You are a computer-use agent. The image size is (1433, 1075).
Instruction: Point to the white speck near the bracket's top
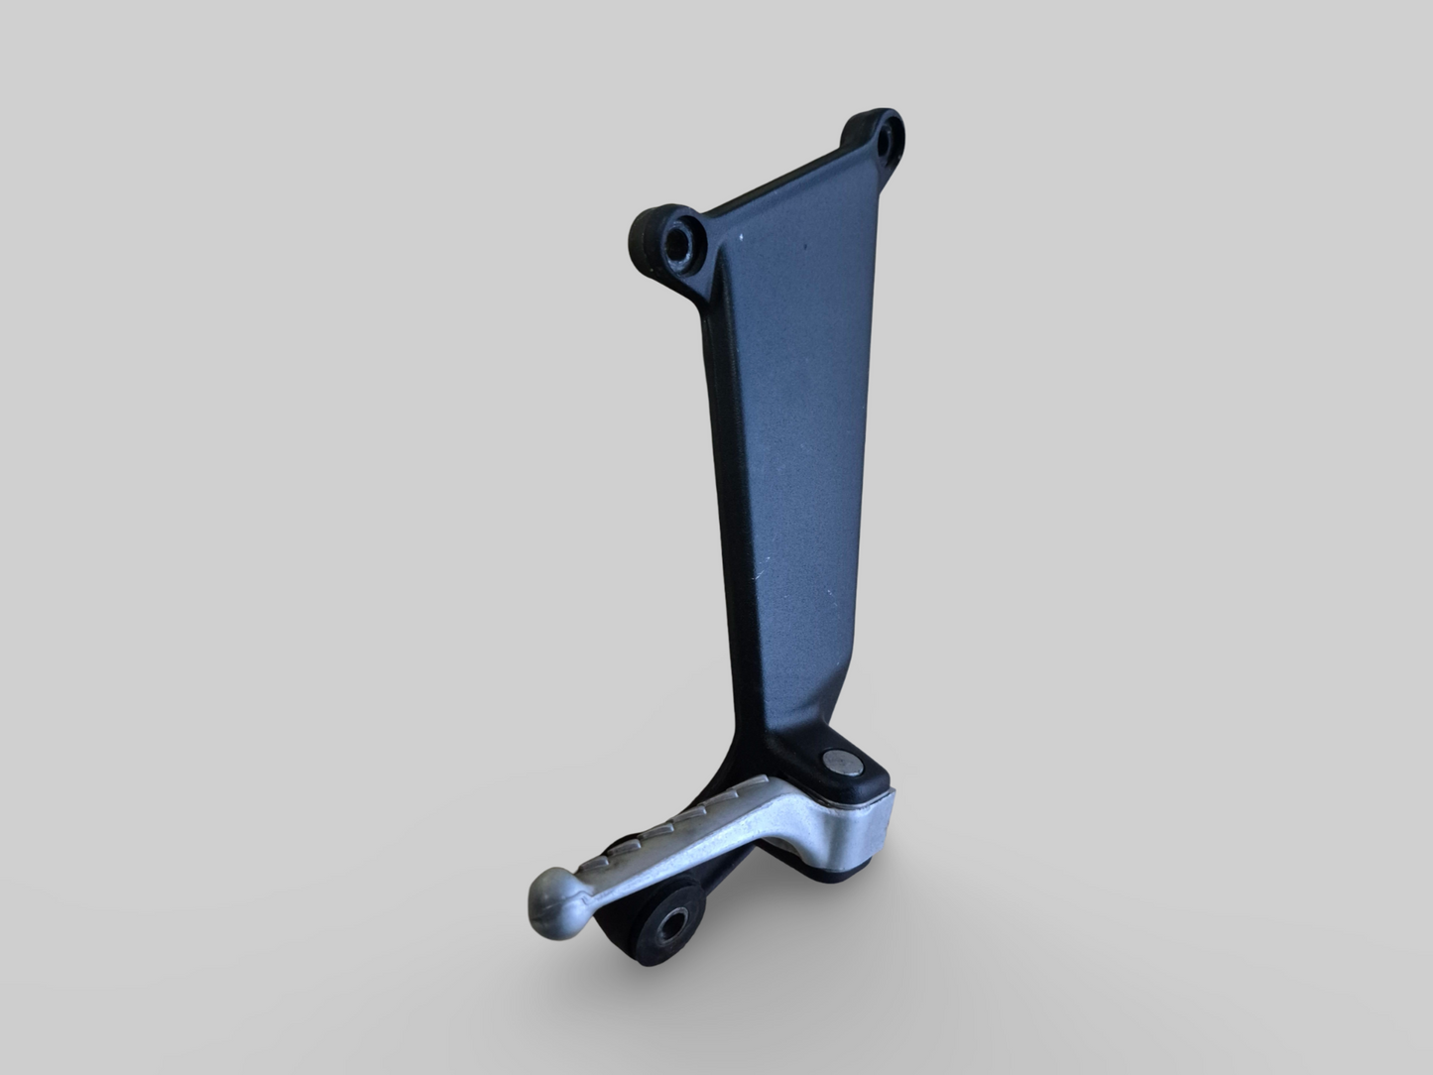pyautogui.click(x=739, y=239)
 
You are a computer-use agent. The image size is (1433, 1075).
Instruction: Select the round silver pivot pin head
pyautogui.click(x=836, y=761)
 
